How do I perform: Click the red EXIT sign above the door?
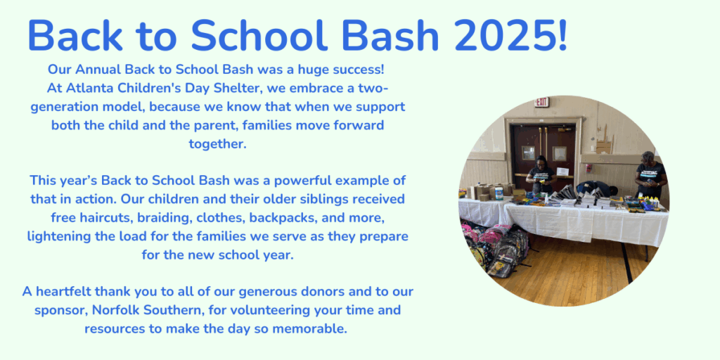(x=542, y=102)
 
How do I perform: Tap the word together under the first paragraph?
(x=218, y=143)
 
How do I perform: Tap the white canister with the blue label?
(x=499, y=193)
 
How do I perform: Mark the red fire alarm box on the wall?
(x=589, y=167)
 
